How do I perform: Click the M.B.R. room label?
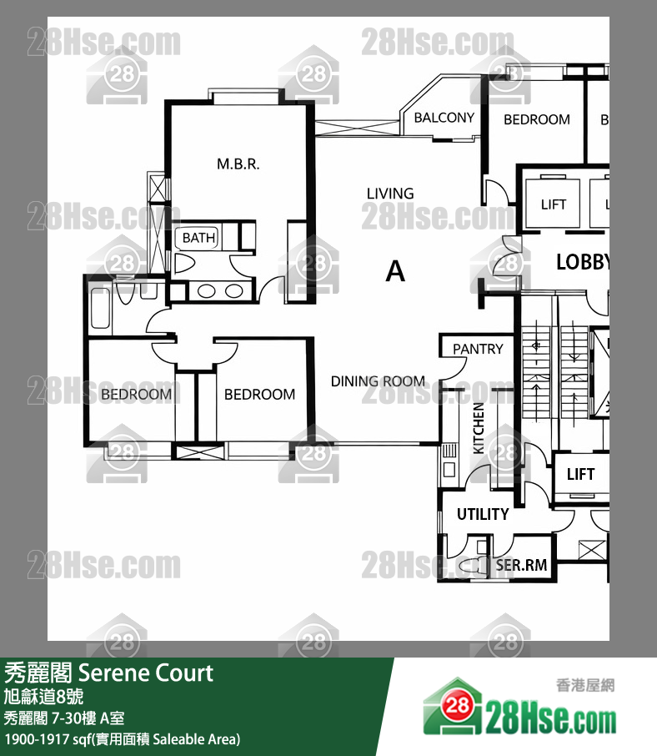238,164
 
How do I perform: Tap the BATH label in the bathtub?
198,238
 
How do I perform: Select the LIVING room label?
390,194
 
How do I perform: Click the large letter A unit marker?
395,271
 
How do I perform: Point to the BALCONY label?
444,118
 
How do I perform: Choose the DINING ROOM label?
378,381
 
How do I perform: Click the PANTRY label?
478,349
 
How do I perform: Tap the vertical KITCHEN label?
479,427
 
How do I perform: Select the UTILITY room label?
483,514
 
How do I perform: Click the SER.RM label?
522,565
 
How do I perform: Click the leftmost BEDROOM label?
136,394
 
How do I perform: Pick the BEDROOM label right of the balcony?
537,119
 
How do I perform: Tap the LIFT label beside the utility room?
580,474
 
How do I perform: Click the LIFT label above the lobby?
554,204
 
